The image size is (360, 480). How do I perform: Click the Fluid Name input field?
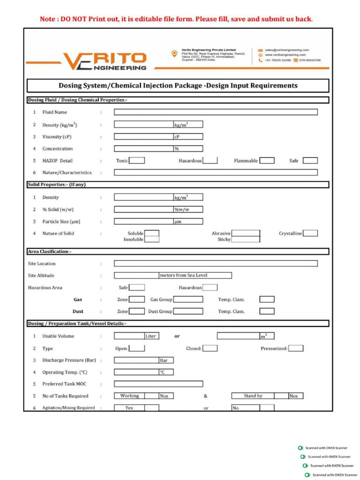(216, 112)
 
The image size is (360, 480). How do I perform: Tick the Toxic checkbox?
(137, 160)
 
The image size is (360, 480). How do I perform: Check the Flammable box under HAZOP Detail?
(267, 160)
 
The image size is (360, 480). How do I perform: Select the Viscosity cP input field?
(143, 136)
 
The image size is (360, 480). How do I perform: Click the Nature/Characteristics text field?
(216, 172)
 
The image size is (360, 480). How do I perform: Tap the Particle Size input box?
(143, 221)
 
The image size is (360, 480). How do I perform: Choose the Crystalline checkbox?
(310, 233)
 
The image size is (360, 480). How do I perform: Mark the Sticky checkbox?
(246, 239)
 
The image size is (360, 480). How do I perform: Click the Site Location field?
(216, 263)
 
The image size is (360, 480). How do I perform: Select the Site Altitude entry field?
(136, 276)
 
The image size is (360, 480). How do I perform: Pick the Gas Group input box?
(188, 299)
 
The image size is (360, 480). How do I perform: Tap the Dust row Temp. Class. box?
(267, 311)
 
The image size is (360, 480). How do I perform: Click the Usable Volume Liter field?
(129, 336)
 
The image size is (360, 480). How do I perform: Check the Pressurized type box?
(296, 348)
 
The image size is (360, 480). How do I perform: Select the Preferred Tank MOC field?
(158, 384)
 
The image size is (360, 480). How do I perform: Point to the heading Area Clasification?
(50, 252)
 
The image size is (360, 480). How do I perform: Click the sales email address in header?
(286, 50)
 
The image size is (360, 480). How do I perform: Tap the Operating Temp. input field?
(136, 372)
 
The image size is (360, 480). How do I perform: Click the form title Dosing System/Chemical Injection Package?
(178, 86)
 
